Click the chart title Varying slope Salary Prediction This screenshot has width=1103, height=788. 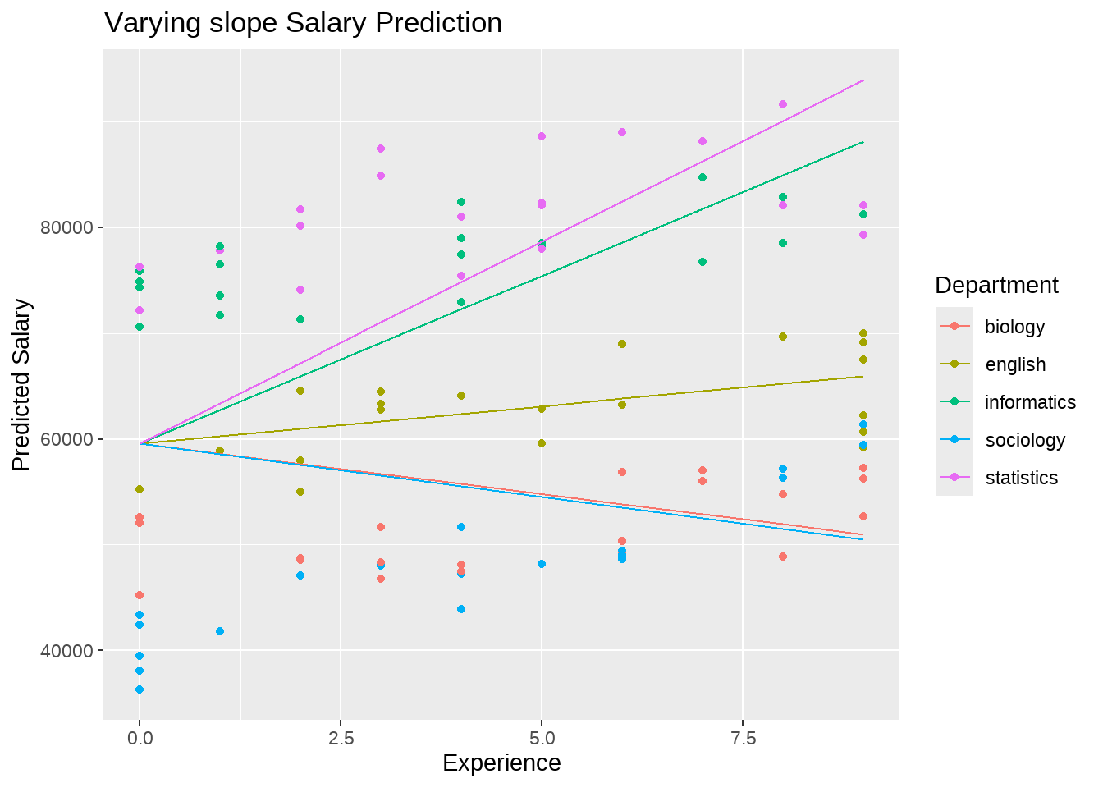coord(303,23)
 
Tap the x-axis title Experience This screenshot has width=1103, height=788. coord(501,763)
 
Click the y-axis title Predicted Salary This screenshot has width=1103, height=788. coord(22,385)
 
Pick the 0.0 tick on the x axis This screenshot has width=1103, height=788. coord(140,738)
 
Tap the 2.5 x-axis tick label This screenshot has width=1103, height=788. coord(341,738)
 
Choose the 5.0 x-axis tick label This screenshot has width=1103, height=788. coord(542,738)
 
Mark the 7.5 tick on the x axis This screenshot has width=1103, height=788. coord(743,738)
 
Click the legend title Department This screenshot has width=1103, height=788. coord(996,286)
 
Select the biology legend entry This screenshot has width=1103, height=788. coord(1014,327)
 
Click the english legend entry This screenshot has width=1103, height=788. coord(1015,364)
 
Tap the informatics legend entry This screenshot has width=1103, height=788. coord(1030,402)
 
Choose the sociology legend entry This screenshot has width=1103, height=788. coord(1025,440)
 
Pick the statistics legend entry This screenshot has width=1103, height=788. coord(1021,478)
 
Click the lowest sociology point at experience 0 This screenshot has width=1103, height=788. coord(140,689)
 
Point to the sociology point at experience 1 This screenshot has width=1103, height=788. coord(220,631)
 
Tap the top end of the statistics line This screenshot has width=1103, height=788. coord(863,80)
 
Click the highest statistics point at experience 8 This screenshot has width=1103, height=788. coord(783,104)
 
